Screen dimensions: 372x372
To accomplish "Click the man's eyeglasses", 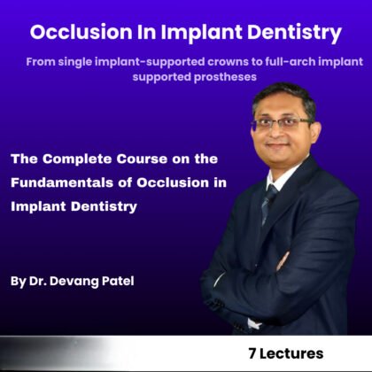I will tap(281, 124).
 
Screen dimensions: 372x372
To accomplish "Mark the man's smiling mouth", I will tap(280, 148).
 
